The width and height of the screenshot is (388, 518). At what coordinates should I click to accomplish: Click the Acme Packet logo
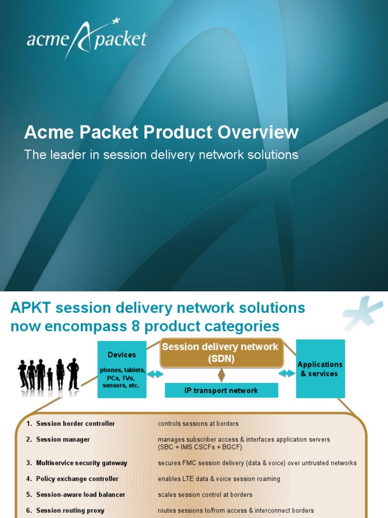pos(87,38)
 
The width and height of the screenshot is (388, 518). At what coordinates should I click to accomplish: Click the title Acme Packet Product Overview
pos(161,133)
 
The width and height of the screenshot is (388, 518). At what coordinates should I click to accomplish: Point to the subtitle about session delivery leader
pos(161,155)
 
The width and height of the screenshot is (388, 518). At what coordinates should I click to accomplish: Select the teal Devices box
pos(122,369)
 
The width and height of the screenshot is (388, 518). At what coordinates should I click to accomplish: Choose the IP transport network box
pos(221,391)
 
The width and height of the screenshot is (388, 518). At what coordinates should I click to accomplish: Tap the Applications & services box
pos(320,369)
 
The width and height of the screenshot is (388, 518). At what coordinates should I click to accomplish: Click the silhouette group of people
pos(48,374)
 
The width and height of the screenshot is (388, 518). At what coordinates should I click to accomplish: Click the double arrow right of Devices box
pos(155,374)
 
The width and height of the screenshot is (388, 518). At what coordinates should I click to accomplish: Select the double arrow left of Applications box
pos(287,373)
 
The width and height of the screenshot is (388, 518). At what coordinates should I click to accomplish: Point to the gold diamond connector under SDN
pos(221,375)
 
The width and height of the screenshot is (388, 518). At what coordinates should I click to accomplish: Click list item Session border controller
pos(75,424)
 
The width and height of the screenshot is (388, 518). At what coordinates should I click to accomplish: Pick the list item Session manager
pos(63,440)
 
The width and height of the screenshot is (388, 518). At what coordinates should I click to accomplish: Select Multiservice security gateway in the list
pos(81,463)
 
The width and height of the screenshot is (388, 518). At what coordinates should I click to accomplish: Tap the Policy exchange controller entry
pos(77,479)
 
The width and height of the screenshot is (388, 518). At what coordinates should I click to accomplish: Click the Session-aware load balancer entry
pos(80,495)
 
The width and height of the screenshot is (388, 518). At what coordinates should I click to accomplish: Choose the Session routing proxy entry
pos(70,511)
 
